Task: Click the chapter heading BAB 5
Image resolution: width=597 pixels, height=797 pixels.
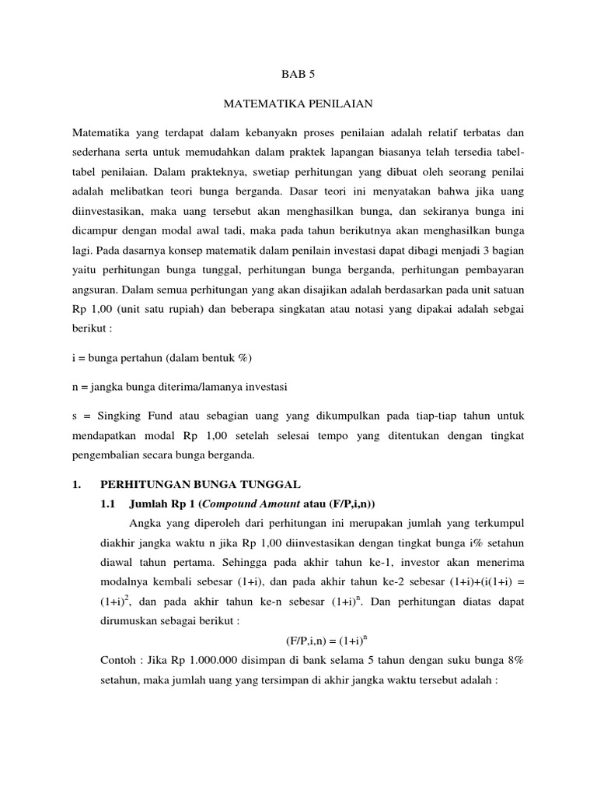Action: (x=298, y=75)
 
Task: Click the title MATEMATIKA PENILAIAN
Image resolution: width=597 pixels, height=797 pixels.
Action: (x=298, y=103)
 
